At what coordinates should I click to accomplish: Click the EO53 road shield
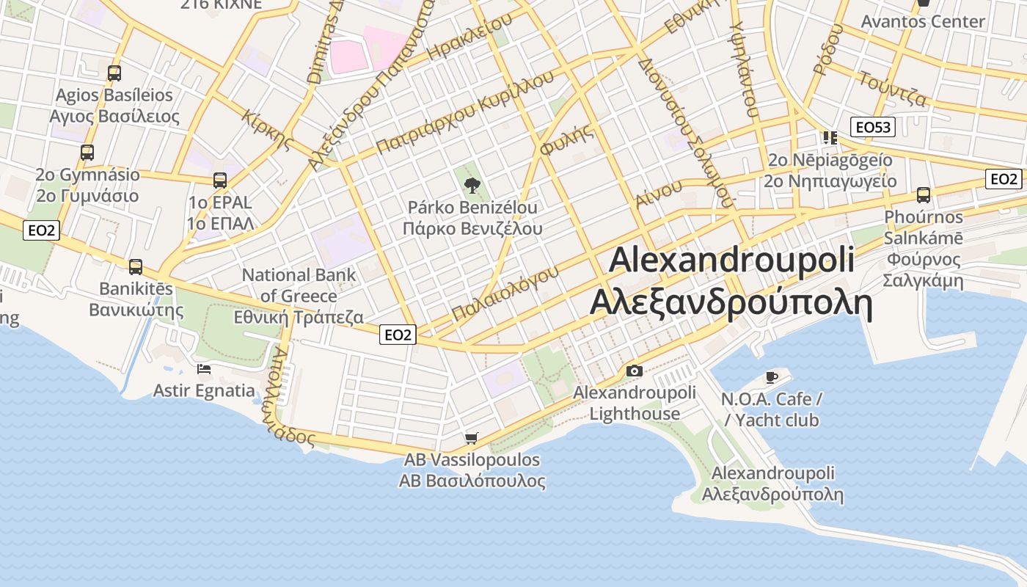(872, 127)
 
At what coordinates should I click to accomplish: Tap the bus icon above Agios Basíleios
(114, 73)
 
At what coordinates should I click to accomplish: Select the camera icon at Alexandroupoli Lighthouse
(635, 371)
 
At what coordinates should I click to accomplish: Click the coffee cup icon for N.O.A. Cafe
(771, 377)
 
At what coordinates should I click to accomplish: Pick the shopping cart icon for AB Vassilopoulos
(472, 438)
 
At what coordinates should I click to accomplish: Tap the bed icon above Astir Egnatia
(204, 368)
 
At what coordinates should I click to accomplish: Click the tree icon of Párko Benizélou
(472, 185)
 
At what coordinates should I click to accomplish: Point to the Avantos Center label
(922, 21)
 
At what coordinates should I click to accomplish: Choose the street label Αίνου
(658, 194)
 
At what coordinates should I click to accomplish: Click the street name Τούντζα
(893, 89)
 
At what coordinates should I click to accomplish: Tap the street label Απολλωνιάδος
(292, 397)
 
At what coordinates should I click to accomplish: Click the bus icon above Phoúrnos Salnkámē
(923, 195)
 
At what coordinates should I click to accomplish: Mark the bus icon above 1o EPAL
(219, 180)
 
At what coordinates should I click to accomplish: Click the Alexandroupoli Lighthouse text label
(635, 403)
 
